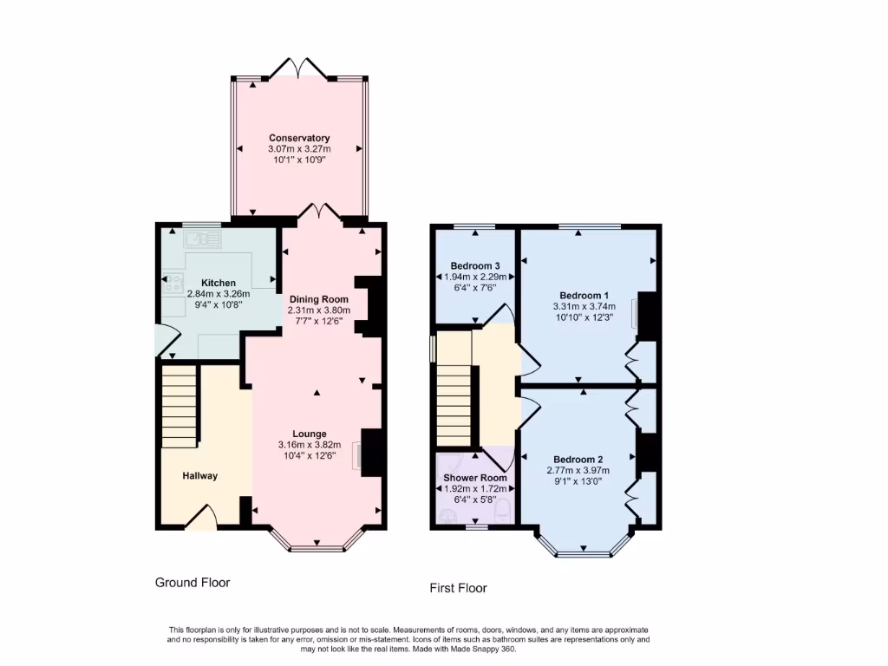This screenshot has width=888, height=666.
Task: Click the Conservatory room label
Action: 299,138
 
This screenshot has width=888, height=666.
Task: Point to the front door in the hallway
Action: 201,519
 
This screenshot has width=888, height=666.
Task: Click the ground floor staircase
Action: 180,405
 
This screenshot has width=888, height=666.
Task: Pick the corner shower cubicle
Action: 449,468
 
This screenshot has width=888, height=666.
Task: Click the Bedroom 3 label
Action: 475,265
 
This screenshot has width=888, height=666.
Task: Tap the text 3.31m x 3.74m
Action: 584,306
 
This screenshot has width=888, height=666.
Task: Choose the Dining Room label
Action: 318,298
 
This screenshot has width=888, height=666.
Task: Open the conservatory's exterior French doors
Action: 300,69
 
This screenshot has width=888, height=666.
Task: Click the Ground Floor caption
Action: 193,583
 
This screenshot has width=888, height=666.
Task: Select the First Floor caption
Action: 458,588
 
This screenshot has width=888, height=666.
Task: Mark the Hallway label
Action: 199,475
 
